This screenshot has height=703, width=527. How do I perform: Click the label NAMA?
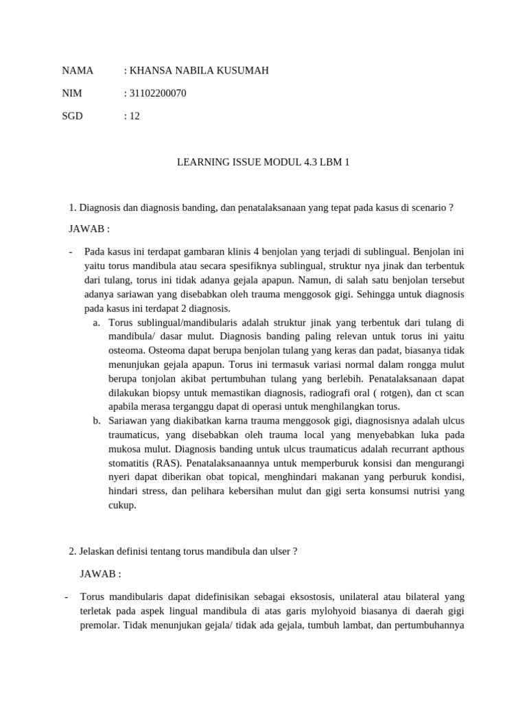click(x=78, y=71)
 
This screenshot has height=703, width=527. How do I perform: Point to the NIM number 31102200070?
click(x=157, y=93)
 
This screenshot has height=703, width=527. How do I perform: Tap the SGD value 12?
click(x=134, y=116)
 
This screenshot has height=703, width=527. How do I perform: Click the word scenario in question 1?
click(x=428, y=208)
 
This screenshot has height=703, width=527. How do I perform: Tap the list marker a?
click(x=96, y=323)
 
